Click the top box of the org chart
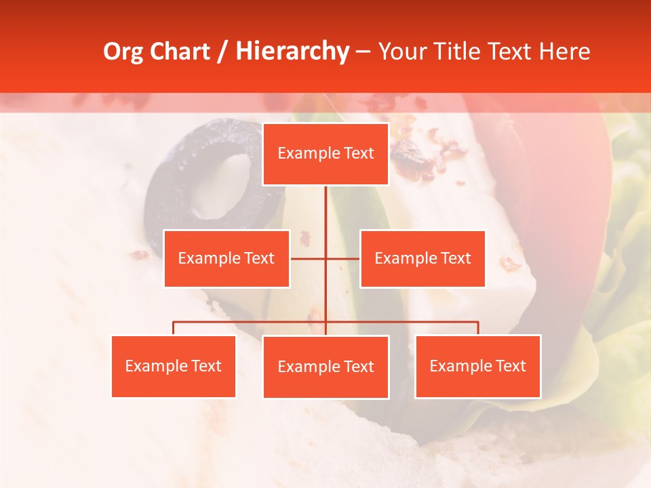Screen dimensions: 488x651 325,154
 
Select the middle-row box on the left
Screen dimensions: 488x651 226,258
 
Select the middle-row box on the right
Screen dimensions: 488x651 422,258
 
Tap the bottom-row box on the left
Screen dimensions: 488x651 174,366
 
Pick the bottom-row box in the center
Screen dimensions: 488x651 325,367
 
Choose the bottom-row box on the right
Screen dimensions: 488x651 478,366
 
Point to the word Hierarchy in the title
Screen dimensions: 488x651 292,52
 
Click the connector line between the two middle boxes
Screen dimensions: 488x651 325,258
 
